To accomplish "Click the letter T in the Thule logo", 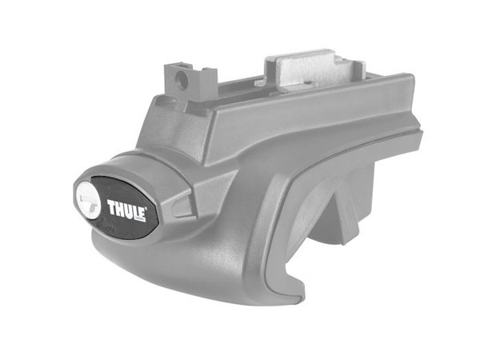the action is tap(111, 208).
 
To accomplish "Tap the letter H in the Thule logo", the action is tap(119, 209).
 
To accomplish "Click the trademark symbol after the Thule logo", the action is tap(146, 209).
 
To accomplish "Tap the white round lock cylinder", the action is tap(89, 199).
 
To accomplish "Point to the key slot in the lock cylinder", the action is tap(89, 199).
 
